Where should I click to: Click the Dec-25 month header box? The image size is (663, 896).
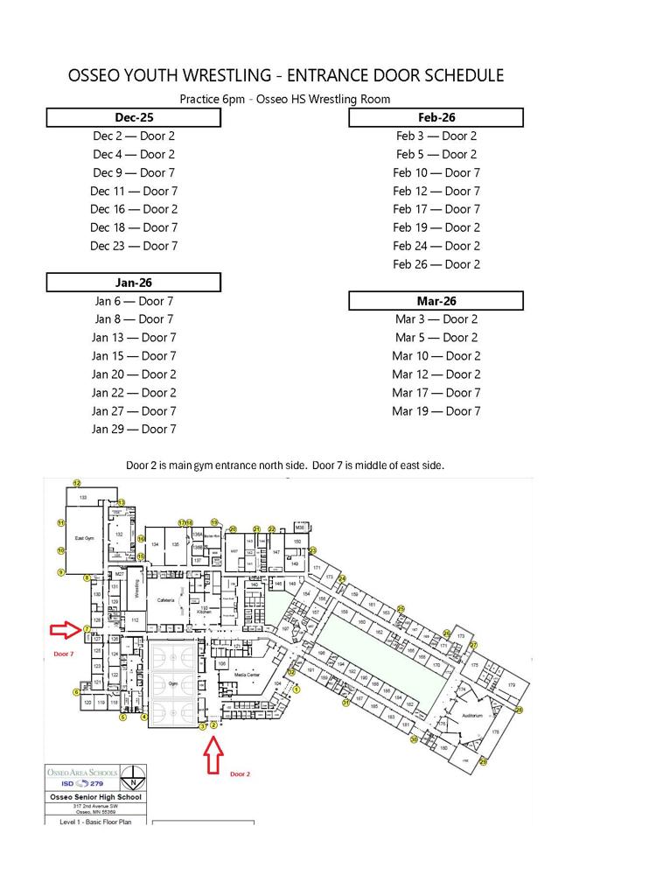[x=133, y=117]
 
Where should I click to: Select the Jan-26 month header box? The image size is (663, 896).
[x=133, y=283]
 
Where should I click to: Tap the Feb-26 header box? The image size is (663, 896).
[x=436, y=117]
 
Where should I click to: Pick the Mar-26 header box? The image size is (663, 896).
[x=436, y=301]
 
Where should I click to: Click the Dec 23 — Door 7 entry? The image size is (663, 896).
[x=133, y=246]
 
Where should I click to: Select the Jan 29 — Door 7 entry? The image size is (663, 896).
[x=133, y=429]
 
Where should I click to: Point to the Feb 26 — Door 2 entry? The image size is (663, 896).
[x=436, y=264]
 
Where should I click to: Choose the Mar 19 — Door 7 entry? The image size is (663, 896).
[x=436, y=411]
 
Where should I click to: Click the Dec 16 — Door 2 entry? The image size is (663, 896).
[x=133, y=209]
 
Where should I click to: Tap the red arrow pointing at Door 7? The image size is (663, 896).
[x=64, y=629]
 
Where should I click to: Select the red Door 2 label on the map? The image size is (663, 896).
[x=240, y=774]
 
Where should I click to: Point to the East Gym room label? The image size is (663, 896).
[x=84, y=539]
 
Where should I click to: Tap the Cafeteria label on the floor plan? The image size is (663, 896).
[x=166, y=600]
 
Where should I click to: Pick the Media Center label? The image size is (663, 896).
[x=246, y=675]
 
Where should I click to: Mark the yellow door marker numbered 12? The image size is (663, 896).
[x=76, y=483]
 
